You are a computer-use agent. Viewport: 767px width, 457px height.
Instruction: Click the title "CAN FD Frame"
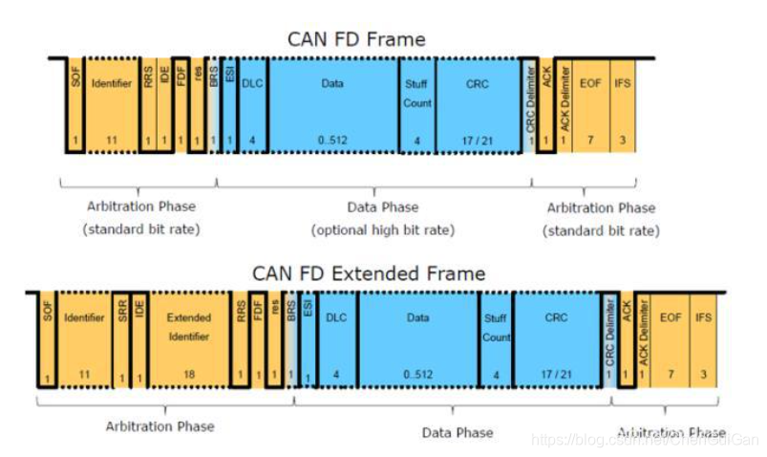(x=356, y=39)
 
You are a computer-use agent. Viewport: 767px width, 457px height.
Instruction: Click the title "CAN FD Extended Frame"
(x=369, y=273)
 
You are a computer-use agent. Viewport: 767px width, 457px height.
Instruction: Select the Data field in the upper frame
(x=332, y=105)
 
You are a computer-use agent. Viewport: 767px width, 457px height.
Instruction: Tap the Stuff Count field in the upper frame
(x=417, y=105)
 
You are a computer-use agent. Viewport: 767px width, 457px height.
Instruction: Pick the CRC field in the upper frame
(x=478, y=105)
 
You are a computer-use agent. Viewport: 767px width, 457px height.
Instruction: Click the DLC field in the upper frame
(x=252, y=105)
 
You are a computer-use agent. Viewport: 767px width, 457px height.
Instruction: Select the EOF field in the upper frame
(x=592, y=105)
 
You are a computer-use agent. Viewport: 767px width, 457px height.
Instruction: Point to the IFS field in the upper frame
(x=624, y=105)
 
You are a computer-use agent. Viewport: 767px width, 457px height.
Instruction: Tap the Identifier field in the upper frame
(x=111, y=105)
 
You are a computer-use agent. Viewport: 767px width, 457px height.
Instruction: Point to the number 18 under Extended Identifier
(x=189, y=375)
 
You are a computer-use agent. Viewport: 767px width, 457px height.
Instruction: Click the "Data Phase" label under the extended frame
(x=458, y=433)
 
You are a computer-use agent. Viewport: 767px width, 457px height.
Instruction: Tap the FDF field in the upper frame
(x=181, y=105)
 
